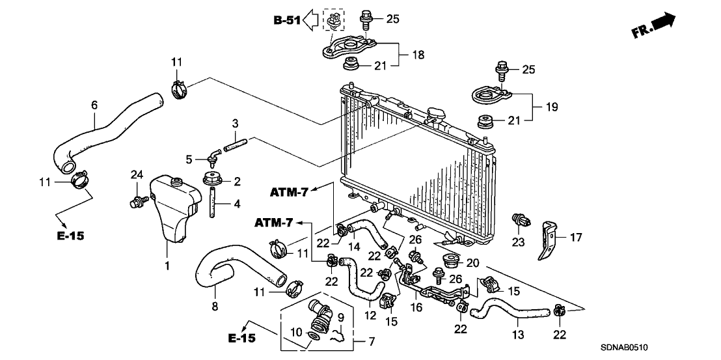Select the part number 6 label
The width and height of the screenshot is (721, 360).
(95, 105)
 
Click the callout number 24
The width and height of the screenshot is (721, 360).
(137, 174)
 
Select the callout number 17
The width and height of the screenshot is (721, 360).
(575, 237)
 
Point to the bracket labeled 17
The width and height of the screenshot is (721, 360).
(549, 240)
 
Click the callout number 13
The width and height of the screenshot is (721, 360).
(518, 335)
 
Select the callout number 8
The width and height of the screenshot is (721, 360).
(215, 306)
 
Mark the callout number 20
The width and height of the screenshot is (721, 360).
(472, 263)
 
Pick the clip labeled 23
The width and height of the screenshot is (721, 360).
(521, 221)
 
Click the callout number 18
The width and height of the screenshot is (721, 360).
(418, 55)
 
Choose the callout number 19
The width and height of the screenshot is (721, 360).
(551, 107)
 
